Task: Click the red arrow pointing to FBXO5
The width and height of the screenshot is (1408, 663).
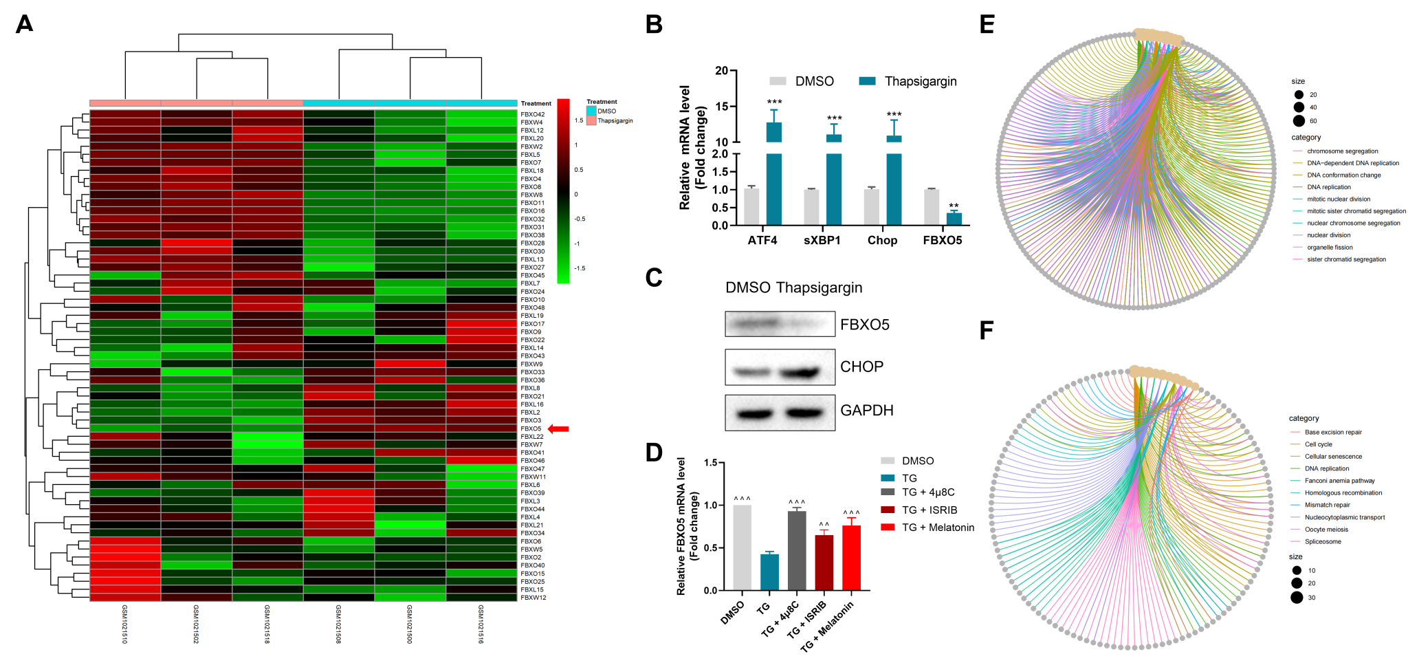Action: [558, 429]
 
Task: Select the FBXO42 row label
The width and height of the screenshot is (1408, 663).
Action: [532, 115]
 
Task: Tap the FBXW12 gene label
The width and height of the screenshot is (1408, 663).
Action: [533, 598]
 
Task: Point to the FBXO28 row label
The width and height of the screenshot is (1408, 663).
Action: [532, 243]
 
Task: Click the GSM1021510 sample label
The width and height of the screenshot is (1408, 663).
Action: [124, 624]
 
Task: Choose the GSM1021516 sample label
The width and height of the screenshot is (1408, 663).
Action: [481, 624]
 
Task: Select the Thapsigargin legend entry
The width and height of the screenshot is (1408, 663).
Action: [615, 121]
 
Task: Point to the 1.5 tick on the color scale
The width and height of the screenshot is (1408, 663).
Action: [579, 120]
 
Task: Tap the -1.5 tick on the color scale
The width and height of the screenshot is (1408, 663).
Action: [580, 268]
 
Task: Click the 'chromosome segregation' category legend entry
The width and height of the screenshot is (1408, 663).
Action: [1342, 151]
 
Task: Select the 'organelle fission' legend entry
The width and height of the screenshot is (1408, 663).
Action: [1330, 248]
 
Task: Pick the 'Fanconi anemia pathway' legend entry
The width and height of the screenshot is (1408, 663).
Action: [1339, 481]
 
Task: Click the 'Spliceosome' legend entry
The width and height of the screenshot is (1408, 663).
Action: [1323, 542]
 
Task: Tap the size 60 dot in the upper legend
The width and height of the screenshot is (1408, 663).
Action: [1299, 121]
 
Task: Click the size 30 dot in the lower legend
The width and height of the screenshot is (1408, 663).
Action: [1297, 597]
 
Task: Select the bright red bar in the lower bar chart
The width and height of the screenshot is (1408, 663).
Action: [852, 557]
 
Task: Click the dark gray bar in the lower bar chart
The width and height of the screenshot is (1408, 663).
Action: [796, 550]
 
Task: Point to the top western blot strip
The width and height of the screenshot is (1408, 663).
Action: [780, 324]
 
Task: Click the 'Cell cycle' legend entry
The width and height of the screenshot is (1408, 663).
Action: [1318, 444]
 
